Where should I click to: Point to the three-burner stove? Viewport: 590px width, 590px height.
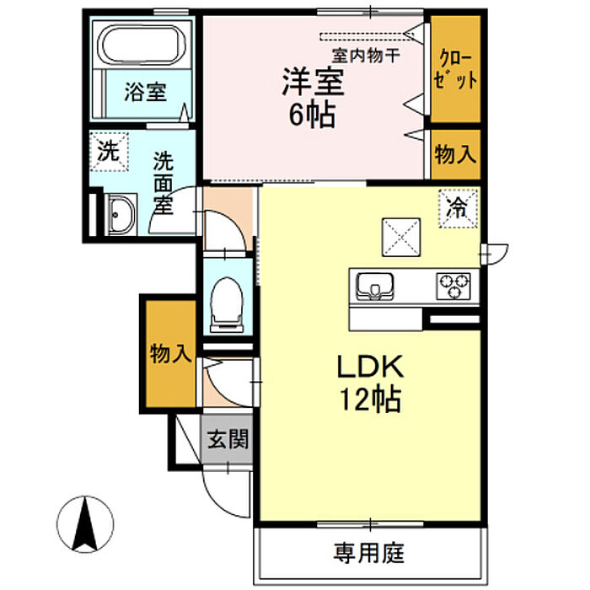455,286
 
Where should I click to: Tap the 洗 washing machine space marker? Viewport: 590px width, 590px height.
109,153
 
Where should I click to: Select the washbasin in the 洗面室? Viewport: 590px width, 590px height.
121,216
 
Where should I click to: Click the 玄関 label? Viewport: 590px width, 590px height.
228,439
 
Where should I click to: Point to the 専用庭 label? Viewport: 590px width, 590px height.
369,554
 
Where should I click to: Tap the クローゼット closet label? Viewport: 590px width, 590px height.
456,71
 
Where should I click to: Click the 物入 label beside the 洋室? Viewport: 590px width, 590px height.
456,155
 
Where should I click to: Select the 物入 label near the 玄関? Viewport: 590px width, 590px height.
171,353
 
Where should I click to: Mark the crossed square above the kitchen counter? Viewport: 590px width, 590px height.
401,236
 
